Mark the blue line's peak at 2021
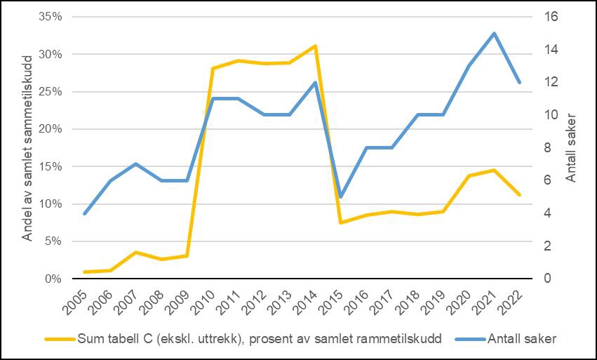point(494,33)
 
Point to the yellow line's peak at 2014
point(315,46)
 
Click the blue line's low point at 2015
point(340,196)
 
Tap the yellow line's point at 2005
point(85,272)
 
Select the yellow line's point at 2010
point(213,68)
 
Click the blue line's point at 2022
point(520,82)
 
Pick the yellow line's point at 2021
point(494,170)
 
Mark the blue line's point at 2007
point(136,164)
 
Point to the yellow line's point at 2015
point(340,222)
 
